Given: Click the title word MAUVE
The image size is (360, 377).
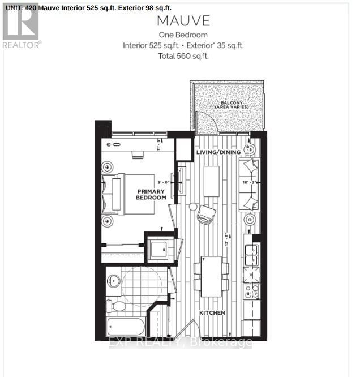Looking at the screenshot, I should (183, 22).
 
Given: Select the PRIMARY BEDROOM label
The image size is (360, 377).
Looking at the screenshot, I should (151, 195).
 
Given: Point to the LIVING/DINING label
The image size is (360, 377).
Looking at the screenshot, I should (218, 152).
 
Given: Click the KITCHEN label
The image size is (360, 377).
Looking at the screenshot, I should (212, 312).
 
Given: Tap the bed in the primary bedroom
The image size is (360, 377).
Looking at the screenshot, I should (128, 194).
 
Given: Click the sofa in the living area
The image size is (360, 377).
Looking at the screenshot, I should (249, 182).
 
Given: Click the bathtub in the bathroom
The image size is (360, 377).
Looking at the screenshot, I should (125, 327).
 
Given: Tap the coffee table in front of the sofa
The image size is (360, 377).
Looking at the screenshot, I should (211, 181).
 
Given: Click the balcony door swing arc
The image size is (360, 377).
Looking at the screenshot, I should (202, 121).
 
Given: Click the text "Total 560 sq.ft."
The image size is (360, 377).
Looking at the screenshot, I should (183, 55).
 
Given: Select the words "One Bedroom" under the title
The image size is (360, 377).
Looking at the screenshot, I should (183, 35).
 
